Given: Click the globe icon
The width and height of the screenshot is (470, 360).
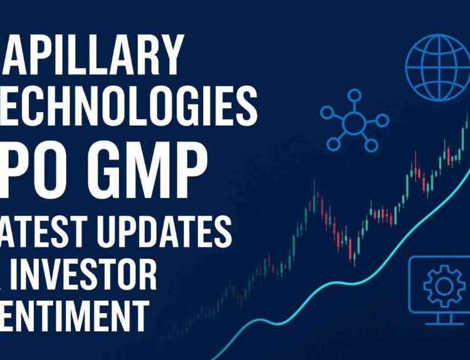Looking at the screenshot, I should (x=436, y=63).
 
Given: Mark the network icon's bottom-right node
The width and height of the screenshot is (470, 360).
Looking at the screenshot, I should (x=372, y=145).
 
